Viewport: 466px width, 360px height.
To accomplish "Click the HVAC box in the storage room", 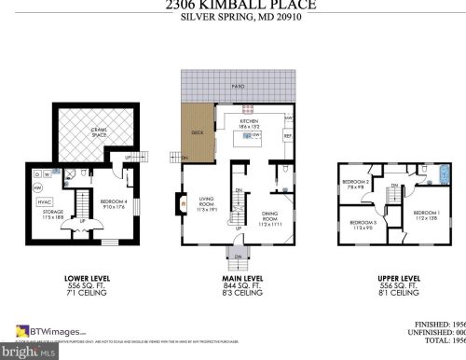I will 43,202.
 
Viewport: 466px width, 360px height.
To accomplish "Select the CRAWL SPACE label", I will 84,133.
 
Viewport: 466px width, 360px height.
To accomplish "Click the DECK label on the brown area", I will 197,132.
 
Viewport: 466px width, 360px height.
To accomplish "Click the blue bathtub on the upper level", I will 431,174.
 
